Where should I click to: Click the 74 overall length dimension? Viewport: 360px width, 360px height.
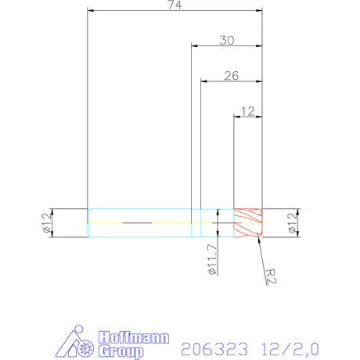coord(174,5)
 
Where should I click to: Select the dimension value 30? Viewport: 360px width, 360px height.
coord(226,40)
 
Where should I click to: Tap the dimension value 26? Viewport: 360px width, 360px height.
coord(231,75)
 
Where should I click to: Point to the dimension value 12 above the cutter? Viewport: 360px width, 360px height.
coord(248,111)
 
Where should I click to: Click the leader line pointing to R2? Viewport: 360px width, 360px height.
coord(259,254)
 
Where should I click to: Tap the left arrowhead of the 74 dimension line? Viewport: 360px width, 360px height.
coord(91,12)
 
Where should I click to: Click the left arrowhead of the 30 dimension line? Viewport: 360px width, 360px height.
coord(195,46)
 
